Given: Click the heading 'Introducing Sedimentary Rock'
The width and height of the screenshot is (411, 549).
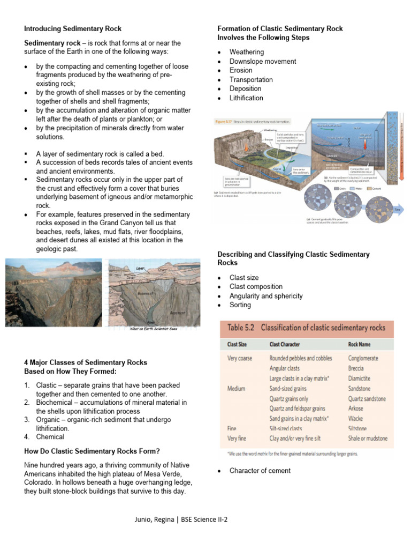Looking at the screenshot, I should coord(72,28).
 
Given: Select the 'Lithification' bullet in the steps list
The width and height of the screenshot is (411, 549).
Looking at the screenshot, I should coord(246,98).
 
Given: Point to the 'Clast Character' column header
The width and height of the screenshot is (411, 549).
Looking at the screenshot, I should coord(292,344).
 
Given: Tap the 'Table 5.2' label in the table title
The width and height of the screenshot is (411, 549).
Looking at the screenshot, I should coord(240,328).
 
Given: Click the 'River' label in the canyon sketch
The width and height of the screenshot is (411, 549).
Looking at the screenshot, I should coord(143,322).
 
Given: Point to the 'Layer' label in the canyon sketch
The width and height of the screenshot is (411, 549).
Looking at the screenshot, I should coord(141,268).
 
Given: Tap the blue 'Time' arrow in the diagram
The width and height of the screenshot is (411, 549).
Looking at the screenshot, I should coord(397,210).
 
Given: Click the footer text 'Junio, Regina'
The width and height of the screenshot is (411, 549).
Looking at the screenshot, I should coord(156,520).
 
